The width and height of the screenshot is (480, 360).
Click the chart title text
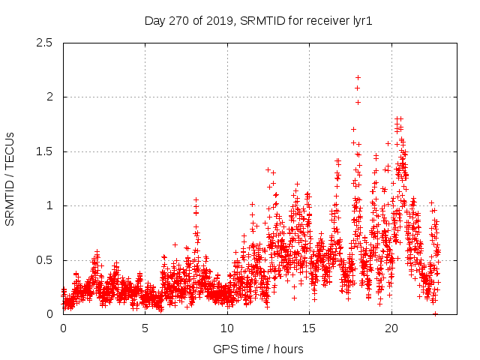[x=259, y=21]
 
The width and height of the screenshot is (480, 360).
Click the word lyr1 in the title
[x=361, y=21]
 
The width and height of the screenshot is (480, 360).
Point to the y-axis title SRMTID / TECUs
[x=10, y=178]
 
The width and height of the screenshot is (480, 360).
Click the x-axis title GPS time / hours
[x=259, y=349]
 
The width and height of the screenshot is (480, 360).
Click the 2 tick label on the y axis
[x=49, y=97]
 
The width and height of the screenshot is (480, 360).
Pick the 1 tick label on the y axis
[x=49, y=205]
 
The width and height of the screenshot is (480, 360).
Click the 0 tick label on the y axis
[x=49, y=314]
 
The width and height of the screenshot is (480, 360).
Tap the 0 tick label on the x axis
[x=63, y=328]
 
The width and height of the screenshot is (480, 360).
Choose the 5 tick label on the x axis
[x=145, y=328]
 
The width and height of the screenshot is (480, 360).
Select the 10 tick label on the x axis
[x=227, y=328]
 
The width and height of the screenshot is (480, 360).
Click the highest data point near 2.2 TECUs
[x=358, y=77]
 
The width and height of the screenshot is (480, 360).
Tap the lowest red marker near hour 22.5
[x=435, y=313]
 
